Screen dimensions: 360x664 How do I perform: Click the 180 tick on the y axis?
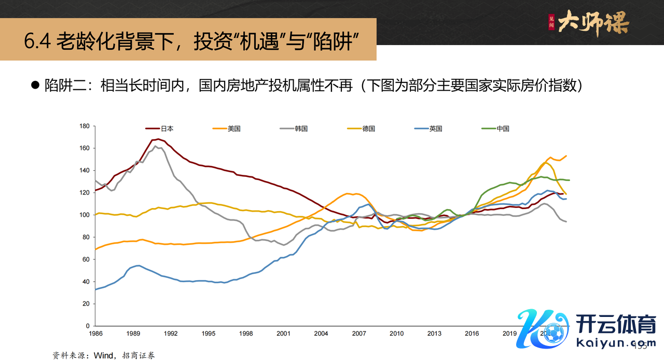click(85, 126)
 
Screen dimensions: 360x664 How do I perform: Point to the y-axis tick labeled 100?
click(85, 215)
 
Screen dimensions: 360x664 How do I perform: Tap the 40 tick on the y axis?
click(87, 282)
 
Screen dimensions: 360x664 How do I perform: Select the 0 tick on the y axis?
click(88, 326)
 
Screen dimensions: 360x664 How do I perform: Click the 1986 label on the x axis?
click(95, 334)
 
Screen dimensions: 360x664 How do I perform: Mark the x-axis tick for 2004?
click(321, 334)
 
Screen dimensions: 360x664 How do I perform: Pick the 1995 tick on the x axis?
click(209, 334)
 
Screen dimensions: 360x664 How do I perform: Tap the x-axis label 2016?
click(472, 334)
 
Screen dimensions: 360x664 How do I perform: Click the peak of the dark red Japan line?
click(157, 139)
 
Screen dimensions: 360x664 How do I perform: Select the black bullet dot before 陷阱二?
click(36, 86)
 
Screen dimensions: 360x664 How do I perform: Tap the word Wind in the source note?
click(103, 355)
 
